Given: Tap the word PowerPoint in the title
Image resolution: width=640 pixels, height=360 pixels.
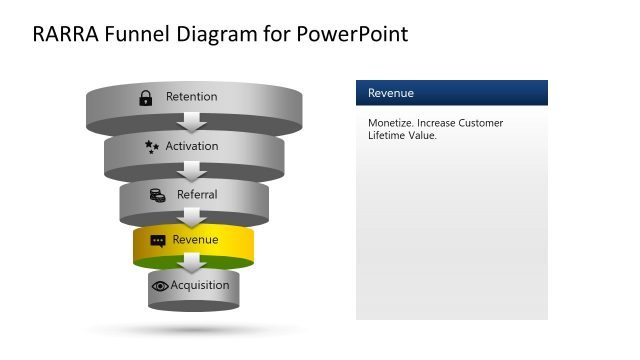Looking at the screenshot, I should coord(353,34).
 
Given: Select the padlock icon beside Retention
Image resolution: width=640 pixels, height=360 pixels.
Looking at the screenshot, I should coord(145,97).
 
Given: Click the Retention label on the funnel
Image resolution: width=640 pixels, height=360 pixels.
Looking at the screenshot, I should coord(191,97).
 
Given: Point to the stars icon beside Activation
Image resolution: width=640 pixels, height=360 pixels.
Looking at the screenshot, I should coord(152,146).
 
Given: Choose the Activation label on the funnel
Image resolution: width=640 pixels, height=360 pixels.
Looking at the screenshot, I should coord(192,146).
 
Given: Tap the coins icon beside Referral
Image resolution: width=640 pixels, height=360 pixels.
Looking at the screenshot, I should coord(157,194).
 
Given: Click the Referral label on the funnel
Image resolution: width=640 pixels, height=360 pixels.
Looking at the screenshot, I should coord(197,194).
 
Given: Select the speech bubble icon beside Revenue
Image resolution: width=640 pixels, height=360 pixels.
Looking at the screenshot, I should coord(157,241).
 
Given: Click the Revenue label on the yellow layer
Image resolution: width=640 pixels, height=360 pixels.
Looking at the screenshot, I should coord(195,240).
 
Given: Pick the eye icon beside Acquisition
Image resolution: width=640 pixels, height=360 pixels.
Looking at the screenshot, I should coord(160,286).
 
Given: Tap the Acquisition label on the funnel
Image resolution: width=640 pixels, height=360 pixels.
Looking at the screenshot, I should coord(200,285).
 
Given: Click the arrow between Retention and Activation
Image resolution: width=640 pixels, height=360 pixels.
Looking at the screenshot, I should coord(194,122).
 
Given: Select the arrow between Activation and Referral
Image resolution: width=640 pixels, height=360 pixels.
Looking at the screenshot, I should coord(194,170).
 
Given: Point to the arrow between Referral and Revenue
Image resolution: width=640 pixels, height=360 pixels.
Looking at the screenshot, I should coord(194,217).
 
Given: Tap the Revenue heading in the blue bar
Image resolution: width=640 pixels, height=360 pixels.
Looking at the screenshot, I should coord(390,93).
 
